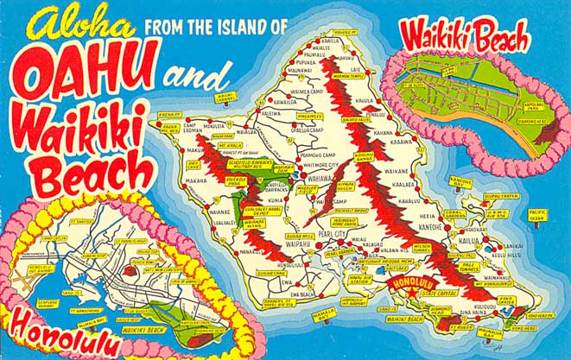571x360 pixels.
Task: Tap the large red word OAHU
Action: (x=86, y=74)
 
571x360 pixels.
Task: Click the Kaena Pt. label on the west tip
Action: (x=169, y=114)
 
